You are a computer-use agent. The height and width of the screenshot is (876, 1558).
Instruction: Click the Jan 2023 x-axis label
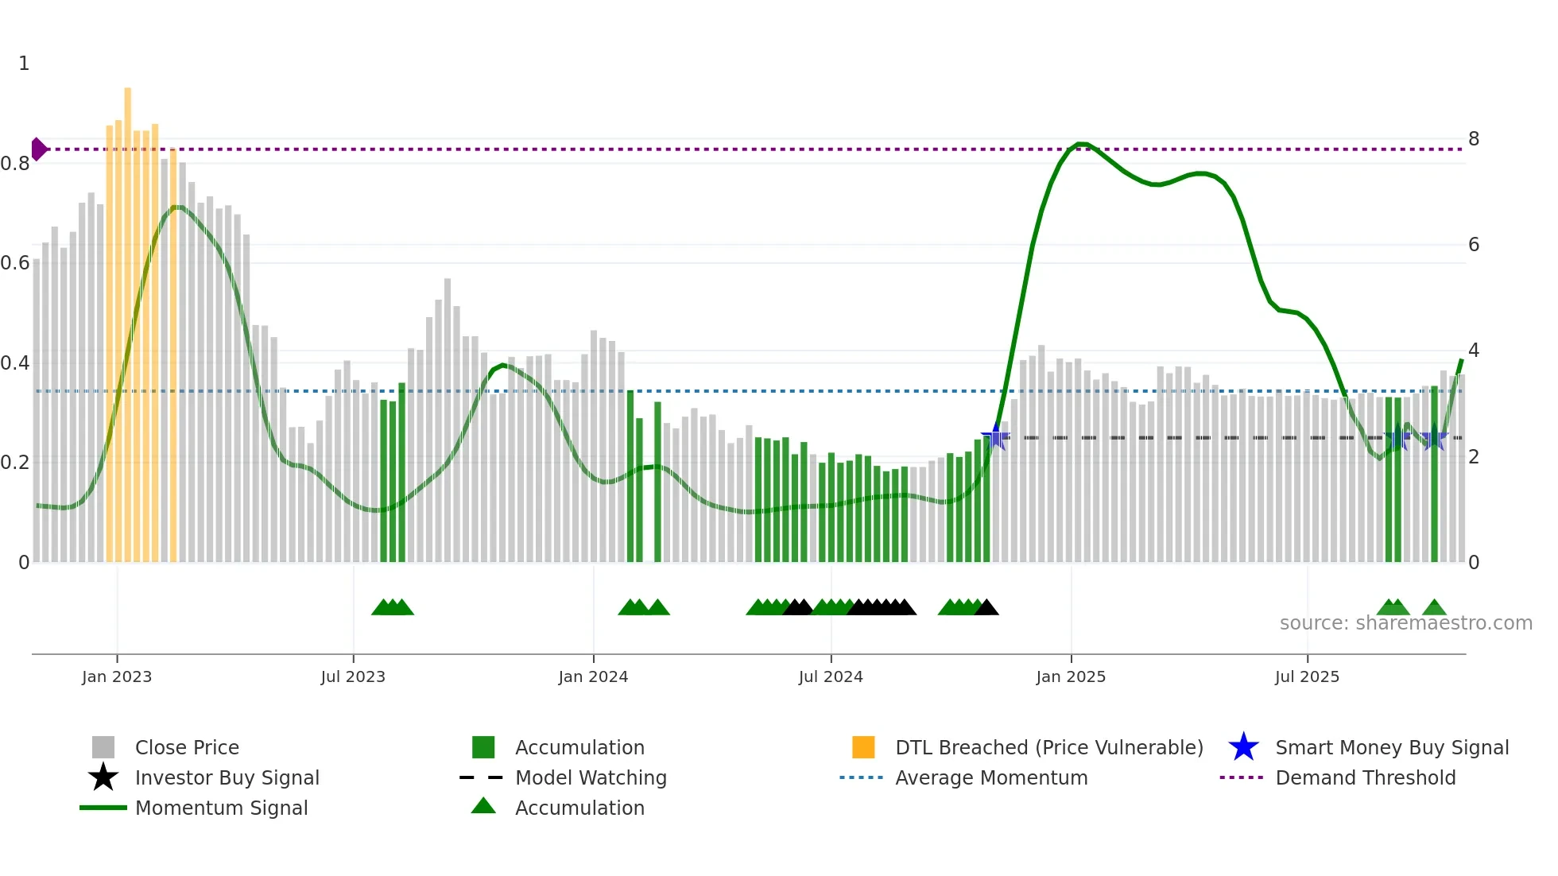coord(117,676)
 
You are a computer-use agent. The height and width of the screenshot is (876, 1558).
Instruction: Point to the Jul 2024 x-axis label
coord(831,676)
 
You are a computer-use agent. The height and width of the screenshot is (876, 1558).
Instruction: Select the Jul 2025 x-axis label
coord(1307,676)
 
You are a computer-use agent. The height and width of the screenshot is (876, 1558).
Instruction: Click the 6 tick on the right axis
coord(1474,245)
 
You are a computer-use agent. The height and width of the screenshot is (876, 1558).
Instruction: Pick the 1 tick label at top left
coord(24,64)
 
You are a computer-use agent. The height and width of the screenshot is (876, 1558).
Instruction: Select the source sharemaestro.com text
coord(1405,623)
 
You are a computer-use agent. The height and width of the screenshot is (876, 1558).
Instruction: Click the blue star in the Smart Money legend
coord(1243,747)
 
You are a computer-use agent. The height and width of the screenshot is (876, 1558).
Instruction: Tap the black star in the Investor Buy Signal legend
coord(103,777)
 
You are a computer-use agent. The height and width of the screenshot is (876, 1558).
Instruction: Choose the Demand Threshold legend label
coord(1365,777)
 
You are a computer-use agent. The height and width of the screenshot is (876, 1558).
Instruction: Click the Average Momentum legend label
coord(991,777)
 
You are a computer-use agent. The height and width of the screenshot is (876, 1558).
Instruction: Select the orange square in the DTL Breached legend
coord(863,747)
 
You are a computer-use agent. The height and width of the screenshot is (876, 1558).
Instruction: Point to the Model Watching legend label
coord(591,777)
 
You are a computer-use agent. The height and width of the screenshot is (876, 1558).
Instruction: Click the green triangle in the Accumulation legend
coord(483,806)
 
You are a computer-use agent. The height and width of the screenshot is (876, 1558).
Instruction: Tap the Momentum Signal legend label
coord(221,808)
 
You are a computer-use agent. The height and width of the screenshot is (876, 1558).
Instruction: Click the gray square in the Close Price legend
coord(103,747)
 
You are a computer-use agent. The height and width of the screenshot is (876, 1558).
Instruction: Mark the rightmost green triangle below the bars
coord(1434,608)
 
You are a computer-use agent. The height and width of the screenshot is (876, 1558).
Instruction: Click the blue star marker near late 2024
coord(995,436)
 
